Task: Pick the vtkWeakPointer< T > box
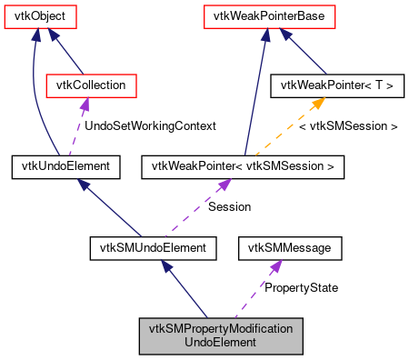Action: coord(338,86)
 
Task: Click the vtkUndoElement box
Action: coord(61,166)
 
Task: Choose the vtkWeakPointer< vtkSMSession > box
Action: coord(243,166)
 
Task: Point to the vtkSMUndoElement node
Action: coord(154,246)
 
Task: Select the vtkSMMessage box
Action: coord(290,246)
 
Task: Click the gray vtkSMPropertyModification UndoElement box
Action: coord(221,335)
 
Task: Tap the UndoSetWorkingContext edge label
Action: coord(150,126)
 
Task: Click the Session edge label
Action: coord(229,206)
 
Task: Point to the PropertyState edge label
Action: coord(301,287)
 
